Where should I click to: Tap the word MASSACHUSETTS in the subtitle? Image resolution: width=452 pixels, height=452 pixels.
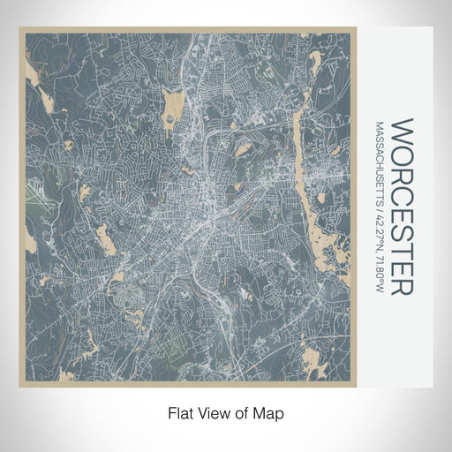pyautogui.click(x=379, y=163)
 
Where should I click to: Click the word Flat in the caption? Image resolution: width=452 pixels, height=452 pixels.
pyautogui.click(x=180, y=412)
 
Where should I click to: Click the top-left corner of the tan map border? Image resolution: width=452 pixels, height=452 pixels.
pyautogui.click(x=20, y=29)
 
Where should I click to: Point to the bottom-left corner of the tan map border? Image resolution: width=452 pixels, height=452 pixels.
pyautogui.click(x=20, y=386)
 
